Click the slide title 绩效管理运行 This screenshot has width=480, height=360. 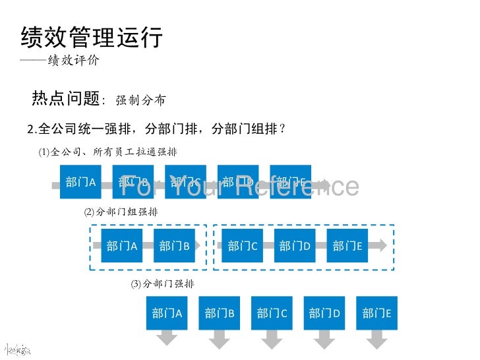click(92, 38)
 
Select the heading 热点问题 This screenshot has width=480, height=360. click(65, 99)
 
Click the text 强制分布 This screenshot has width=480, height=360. click(140, 100)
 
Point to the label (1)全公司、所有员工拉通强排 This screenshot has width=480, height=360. click(107, 152)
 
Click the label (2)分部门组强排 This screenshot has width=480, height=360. click(121, 212)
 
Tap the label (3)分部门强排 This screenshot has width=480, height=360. click(162, 284)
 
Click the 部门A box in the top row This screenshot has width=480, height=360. click(81, 182)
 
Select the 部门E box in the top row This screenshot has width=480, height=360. click(290, 182)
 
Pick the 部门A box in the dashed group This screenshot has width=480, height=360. click(121, 246)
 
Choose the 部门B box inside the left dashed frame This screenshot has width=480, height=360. click(174, 246)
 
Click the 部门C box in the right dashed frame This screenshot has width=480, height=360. click(243, 246)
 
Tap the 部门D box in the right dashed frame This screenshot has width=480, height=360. click(295, 246)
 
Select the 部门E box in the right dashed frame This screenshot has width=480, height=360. click(347, 246)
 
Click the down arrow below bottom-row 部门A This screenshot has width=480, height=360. click(167, 338)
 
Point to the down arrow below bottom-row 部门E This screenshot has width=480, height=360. click(377, 338)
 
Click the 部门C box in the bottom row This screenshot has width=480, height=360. click(272, 313)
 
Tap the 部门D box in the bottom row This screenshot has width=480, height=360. click(324, 313)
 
